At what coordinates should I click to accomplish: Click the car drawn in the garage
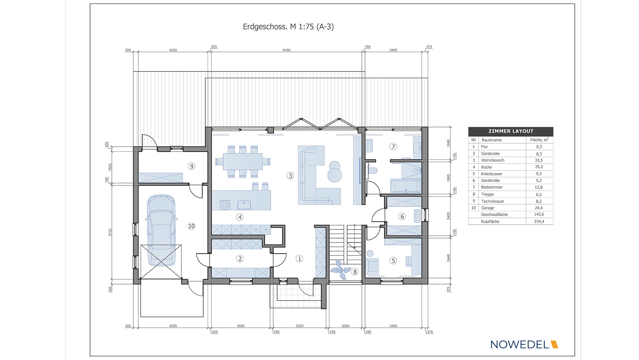tap(161, 230)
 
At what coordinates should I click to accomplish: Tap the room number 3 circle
tap(290, 175)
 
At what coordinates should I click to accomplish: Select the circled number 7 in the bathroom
tap(393, 147)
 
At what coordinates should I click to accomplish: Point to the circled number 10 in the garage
tap(191, 226)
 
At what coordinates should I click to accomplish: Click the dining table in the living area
tap(243, 161)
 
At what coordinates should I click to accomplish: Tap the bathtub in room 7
tap(405, 186)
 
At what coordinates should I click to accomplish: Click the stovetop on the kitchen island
tap(225, 205)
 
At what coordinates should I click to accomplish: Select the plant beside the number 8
tap(340, 270)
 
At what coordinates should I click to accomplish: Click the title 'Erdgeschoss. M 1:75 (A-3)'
tap(288, 27)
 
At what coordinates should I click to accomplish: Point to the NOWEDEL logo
tap(524, 344)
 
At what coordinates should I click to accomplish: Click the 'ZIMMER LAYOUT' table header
tap(511, 131)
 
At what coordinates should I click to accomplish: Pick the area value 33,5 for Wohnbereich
tap(539, 161)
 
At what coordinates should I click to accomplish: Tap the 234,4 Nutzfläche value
tap(539, 221)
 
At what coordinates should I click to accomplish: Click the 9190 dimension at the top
tap(286, 50)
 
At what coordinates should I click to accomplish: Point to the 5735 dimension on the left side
tap(110, 233)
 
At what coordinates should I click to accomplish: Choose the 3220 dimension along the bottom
tap(299, 326)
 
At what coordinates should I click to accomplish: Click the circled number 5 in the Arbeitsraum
tap(393, 261)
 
